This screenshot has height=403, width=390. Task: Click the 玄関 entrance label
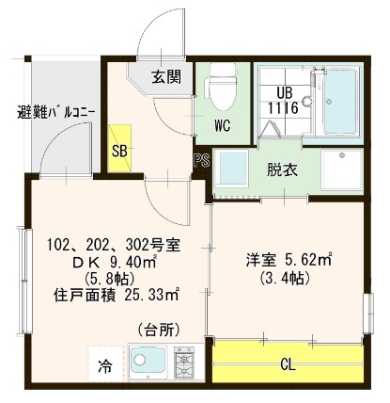click(x=168, y=77)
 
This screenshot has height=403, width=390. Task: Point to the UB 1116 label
click(x=286, y=99)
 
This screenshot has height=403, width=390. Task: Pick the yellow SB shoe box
click(x=120, y=150)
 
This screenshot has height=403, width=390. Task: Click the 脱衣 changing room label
click(x=281, y=171)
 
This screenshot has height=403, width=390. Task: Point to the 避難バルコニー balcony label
click(x=55, y=114)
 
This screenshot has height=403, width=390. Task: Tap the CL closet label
click(x=289, y=363)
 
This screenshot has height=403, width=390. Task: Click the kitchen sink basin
click(x=147, y=363)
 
